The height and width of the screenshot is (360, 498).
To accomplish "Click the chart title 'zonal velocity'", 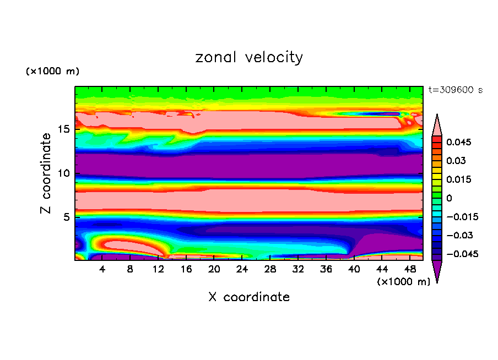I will coord(249,57).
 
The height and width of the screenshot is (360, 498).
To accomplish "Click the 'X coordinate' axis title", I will coord(249,297).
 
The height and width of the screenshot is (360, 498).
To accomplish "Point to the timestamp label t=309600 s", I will coord(456,90).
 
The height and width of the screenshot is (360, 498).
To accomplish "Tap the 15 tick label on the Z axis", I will coord(64,130).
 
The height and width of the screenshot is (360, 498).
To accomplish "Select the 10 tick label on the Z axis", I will coord(64,173).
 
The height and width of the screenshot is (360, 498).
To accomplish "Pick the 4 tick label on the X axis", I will coord(102,270).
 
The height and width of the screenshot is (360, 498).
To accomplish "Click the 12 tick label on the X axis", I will coord(158,270).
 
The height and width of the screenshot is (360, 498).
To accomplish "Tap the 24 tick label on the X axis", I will coord(242,270).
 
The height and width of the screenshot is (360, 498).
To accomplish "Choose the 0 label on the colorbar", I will coord(449,198).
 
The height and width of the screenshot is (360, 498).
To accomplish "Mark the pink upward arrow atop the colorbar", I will coord(437,124).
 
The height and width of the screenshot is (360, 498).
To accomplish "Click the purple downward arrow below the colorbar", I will coord(437,271).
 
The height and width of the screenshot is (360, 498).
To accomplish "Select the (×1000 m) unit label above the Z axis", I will coord(52,72).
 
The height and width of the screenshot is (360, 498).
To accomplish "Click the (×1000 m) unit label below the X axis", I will coord(404,282).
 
